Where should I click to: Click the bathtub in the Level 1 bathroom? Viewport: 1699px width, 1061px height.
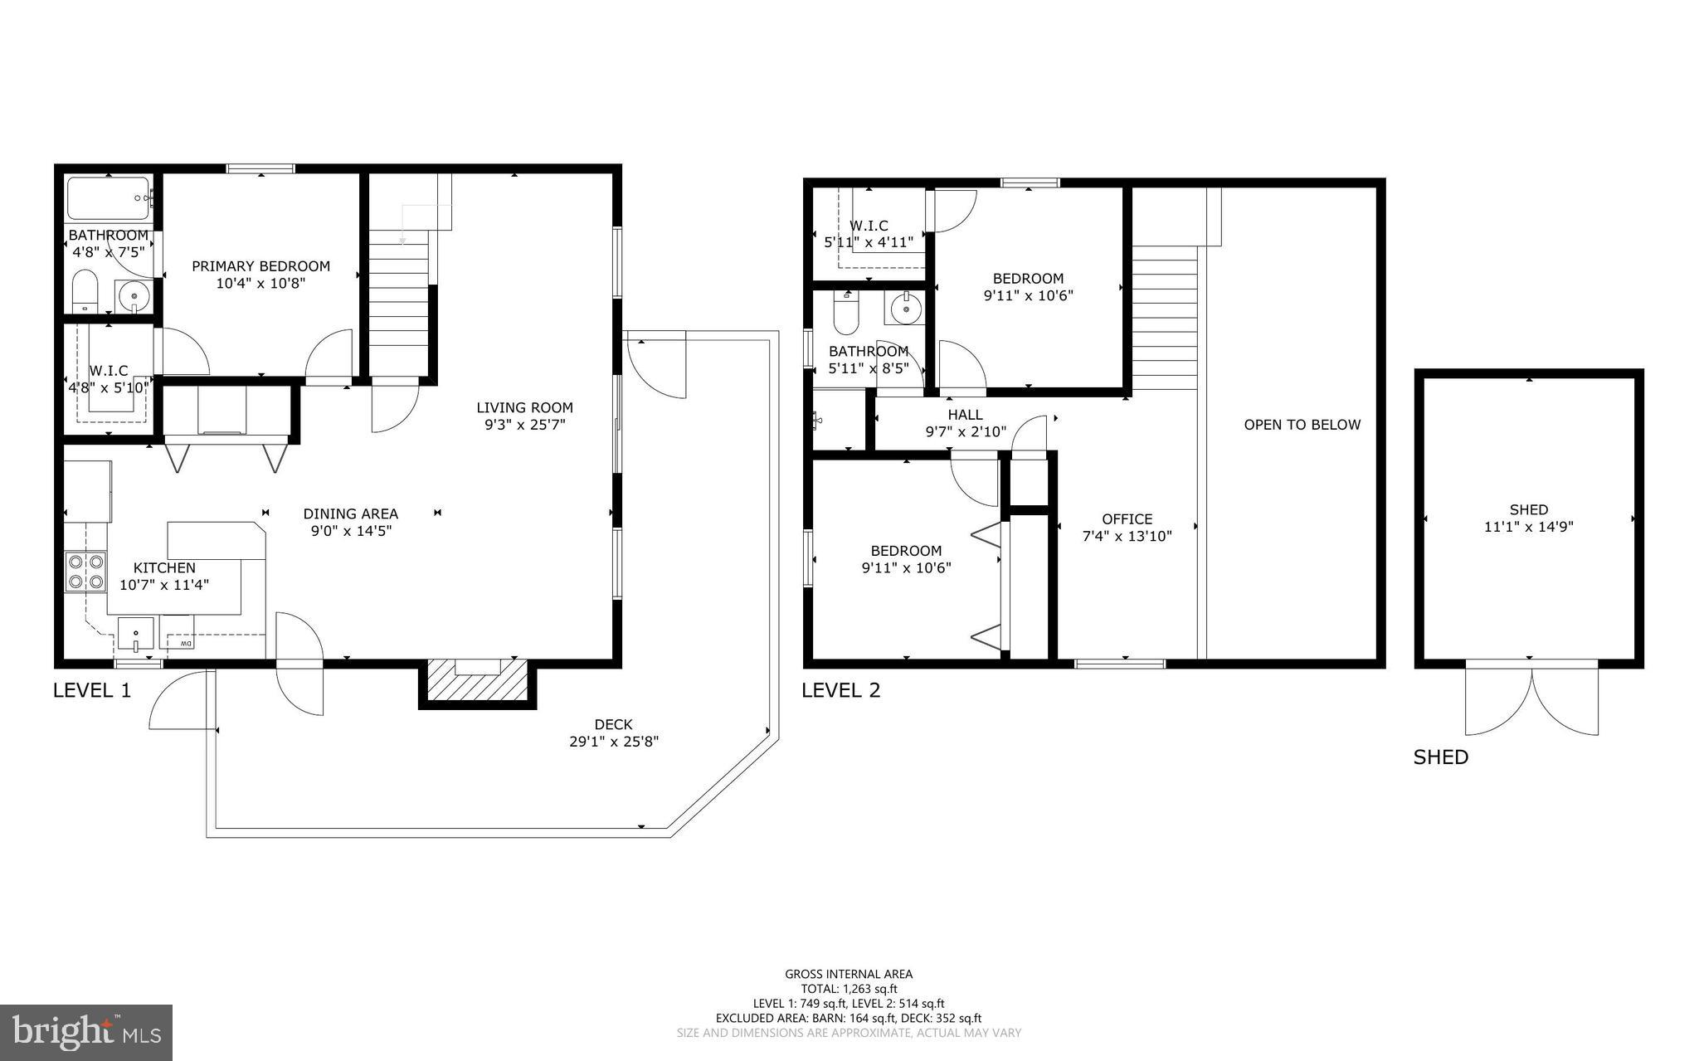click(108, 198)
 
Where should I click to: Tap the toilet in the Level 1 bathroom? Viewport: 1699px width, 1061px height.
click(85, 292)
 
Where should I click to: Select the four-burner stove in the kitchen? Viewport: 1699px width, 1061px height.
click(86, 572)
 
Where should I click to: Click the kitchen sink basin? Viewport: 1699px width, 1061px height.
click(135, 636)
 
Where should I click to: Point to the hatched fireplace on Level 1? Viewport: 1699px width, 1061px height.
click(477, 682)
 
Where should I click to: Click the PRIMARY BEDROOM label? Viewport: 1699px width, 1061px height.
click(260, 266)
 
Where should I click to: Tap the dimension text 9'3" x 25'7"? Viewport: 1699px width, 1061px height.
click(524, 425)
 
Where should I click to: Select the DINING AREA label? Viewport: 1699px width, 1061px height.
click(350, 513)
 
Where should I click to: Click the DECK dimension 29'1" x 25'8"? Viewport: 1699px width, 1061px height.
click(613, 742)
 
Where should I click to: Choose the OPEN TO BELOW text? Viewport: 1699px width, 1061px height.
click(1302, 425)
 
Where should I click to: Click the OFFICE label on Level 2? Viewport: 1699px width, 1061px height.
click(1127, 519)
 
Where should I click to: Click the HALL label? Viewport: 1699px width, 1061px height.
click(965, 415)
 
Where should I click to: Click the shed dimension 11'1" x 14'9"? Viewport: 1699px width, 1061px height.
click(1528, 527)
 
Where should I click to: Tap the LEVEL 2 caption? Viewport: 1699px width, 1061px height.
click(840, 690)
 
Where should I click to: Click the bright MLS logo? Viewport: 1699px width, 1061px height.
click(86, 1032)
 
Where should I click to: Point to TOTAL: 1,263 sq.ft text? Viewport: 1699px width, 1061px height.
click(849, 989)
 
